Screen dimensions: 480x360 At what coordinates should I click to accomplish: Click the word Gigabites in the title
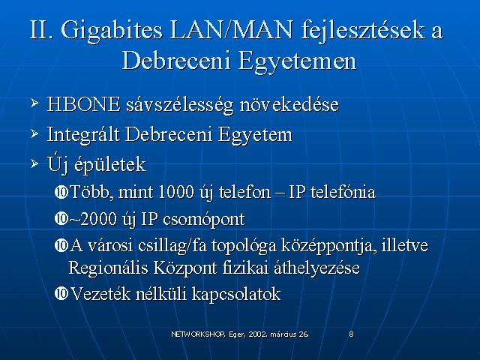click(x=112, y=31)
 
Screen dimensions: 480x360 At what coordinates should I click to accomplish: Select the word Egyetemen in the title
click(x=297, y=61)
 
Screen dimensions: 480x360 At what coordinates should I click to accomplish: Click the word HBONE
click(x=83, y=104)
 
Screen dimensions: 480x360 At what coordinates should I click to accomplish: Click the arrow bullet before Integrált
click(x=34, y=133)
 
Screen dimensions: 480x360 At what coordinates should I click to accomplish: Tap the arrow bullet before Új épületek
click(x=34, y=163)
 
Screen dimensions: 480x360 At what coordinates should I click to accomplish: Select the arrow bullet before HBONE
click(x=34, y=103)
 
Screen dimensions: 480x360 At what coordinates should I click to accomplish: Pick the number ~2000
click(x=93, y=219)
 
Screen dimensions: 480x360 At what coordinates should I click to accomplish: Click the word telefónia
click(x=343, y=192)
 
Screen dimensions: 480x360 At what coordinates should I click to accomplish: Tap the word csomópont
click(x=204, y=220)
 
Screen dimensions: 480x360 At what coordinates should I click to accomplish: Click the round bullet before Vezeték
click(x=61, y=293)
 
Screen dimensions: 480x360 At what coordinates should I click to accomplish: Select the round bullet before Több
click(x=61, y=192)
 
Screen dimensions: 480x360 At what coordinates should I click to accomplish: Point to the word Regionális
click(x=108, y=268)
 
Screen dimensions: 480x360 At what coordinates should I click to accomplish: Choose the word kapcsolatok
click(x=236, y=294)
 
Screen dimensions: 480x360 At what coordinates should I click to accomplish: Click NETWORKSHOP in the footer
click(x=198, y=334)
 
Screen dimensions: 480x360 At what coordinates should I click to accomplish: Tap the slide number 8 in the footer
click(x=352, y=334)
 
